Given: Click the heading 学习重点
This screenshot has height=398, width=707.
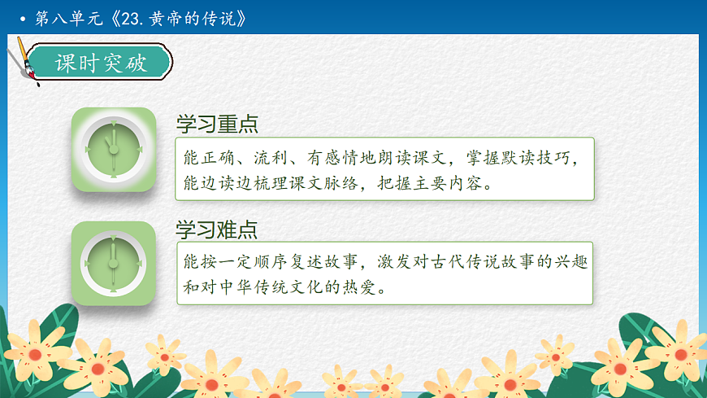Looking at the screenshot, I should pos(217,125).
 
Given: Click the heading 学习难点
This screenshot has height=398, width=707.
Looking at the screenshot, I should pos(217,229).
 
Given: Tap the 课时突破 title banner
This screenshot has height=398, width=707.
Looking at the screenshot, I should pos(101,63).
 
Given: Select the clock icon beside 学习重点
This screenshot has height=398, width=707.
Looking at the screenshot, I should pos(113,150).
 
